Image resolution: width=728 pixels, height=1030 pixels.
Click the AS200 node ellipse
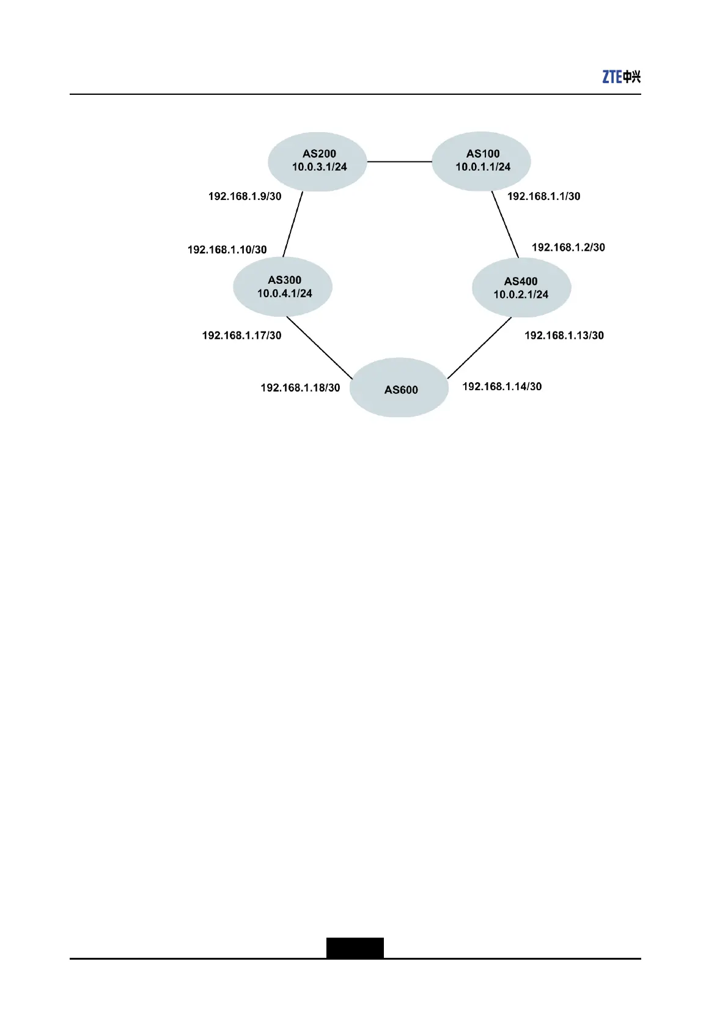[317, 161]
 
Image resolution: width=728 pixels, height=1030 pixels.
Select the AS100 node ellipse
[481, 161]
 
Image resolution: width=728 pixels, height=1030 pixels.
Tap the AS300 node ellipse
[282, 287]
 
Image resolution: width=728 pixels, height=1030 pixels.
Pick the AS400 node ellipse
[521, 287]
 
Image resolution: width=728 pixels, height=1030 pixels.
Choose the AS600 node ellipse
[399, 388]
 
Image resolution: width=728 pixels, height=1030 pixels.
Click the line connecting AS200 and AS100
[399, 161]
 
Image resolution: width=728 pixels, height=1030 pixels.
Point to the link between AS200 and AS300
[293, 224]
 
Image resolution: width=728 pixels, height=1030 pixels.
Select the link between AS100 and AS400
[506, 224]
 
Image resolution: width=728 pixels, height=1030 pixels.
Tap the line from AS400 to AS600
[479, 347]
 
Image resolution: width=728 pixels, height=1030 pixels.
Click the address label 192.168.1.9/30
[245, 196]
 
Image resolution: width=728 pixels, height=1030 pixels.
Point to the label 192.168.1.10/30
[227, 250]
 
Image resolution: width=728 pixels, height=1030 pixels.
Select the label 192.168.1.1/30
[544, 196]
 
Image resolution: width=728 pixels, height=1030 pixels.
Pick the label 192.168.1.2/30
[568, 247]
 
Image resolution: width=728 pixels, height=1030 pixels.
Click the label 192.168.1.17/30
[241, 335]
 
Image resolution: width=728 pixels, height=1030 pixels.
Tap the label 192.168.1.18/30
[300, 388]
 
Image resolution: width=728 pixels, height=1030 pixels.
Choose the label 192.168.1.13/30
[564, 335]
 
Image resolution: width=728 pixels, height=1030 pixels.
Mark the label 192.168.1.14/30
[502, 387]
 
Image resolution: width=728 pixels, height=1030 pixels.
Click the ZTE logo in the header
[621, 77]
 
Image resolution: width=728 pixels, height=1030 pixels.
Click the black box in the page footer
[355, 947]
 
